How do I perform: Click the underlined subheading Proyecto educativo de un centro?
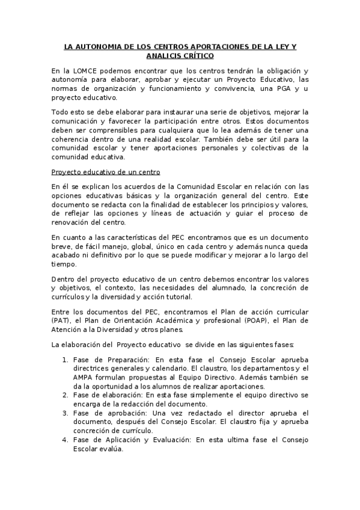[98, 171]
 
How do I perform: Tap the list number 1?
[65, 360]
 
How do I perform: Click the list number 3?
[65, 413]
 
